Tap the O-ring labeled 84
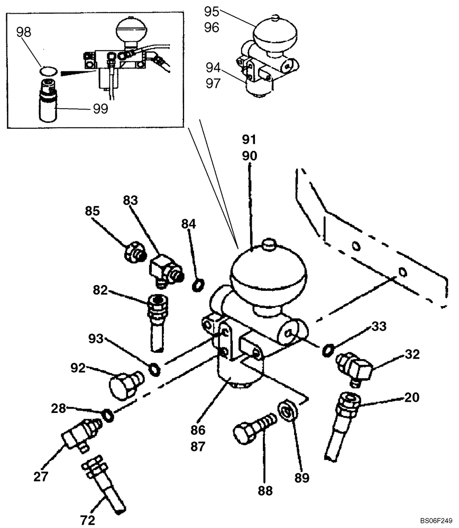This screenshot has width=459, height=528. [x=197, y=286]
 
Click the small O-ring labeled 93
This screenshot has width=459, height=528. [x=153, y=367]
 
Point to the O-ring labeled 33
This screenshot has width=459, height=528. [x=327, y=348]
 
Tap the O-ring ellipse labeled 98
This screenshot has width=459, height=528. [x=50, y=69]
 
